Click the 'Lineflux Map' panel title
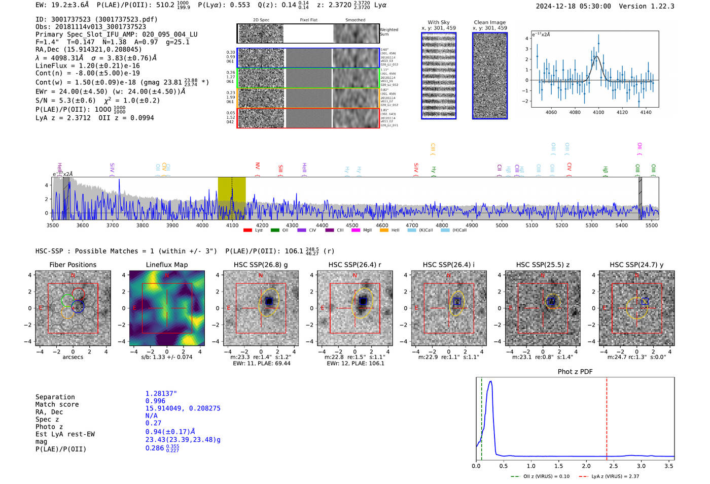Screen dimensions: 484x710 click(166, 265)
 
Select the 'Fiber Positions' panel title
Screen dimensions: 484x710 click(73, 265)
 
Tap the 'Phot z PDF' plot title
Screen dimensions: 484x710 click(575, 372)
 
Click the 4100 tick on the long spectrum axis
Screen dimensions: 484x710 click(232, 225)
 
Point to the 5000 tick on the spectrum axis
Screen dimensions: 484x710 click(502, 225)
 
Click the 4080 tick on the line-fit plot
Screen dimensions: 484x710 click(575, 112)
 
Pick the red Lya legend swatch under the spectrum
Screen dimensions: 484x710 click(247, 231)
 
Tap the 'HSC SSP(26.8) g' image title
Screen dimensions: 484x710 click(261, 265)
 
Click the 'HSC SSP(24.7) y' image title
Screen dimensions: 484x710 click(636, 265)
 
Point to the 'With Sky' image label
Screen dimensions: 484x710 click(438, 22)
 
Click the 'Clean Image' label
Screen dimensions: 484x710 click(489, 22)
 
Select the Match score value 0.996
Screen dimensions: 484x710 click(155, 401)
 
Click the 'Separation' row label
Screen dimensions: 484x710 click(55, 397)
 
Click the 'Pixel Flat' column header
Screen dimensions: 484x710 click(308, 20)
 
